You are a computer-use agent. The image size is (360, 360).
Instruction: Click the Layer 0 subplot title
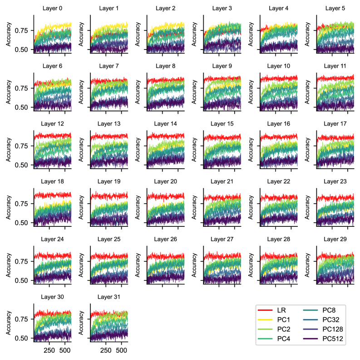click(x=52, y=8)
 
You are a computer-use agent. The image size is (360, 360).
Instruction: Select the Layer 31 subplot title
click(x=108, y=297)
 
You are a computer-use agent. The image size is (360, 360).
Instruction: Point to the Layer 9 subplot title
click(x=222, y=66)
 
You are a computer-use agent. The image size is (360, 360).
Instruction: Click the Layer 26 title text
click(x=165, y=239)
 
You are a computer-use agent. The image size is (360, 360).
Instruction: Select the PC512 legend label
click(x=332, y=339)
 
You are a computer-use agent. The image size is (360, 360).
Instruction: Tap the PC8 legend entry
click(x=329, y=310)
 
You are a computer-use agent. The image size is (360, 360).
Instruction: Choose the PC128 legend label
click(x=332, y=330)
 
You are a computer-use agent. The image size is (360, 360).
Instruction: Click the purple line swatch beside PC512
click(x=311, y=339)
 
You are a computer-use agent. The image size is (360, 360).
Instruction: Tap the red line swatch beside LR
click(x=265, y=310)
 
